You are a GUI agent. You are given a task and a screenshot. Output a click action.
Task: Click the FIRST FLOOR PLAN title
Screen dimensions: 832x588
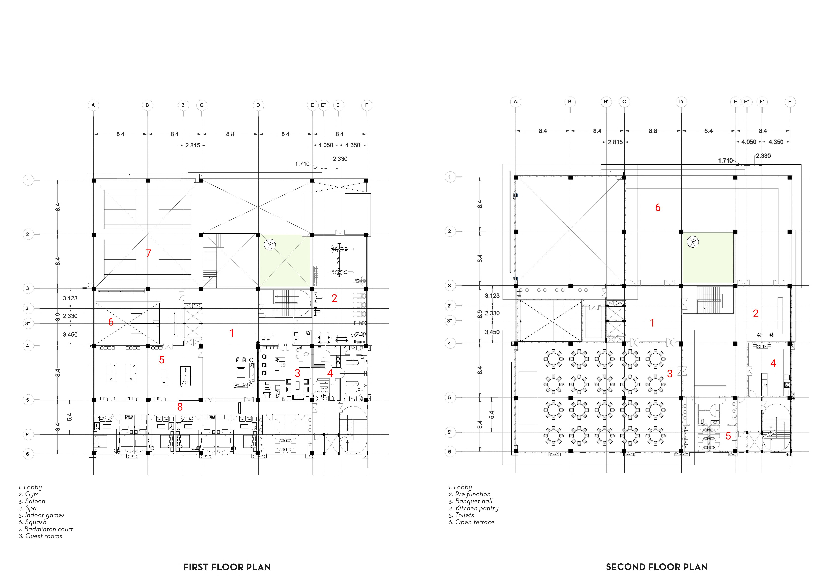(227, 567)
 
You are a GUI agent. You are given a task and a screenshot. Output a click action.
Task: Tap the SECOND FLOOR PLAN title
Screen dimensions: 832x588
(657, 567)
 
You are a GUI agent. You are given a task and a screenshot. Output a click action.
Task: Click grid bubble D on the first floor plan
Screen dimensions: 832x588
(258, 105)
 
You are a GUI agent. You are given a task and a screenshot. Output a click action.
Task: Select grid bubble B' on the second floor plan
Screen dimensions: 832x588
(606, 102)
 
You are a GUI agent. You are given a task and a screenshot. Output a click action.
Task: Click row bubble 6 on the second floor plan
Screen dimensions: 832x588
(450, 452)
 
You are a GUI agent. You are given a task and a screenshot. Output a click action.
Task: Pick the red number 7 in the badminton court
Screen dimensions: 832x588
(148, 253)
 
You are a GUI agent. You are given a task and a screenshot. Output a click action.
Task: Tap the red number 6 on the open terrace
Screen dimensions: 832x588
(658, 208)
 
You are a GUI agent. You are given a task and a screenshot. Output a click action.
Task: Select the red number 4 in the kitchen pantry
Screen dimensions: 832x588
(773, 363)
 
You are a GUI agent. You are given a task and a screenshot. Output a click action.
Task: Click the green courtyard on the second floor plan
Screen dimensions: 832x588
(708, 257)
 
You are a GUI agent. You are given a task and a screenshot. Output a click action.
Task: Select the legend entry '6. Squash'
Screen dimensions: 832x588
(33, 522)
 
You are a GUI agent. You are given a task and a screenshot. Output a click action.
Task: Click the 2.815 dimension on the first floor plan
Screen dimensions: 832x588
(192, 145)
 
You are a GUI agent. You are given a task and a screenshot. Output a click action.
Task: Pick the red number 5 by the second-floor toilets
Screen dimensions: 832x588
(728, 436)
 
